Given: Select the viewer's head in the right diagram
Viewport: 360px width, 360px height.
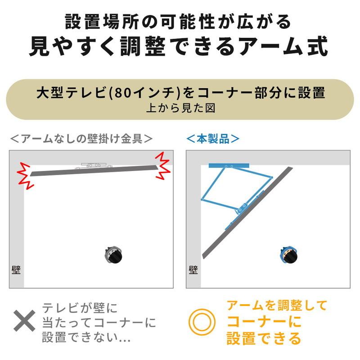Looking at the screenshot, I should coord(288,255).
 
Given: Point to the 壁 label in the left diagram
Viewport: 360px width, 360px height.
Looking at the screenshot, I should coord(16,270).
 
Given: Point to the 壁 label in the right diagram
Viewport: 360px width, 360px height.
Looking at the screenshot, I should coord(193,270).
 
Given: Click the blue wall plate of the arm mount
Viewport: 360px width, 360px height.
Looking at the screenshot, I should coord(229,166).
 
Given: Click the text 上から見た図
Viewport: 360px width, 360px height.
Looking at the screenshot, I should coord(180,108).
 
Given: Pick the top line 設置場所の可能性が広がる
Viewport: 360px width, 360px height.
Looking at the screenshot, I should coord(180,21).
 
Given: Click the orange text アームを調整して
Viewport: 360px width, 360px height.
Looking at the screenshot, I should coord(277,306).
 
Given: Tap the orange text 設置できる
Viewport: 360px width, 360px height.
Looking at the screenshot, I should coord(264,337).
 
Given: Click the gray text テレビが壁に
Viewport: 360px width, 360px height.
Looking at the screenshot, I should coord(80,308).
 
